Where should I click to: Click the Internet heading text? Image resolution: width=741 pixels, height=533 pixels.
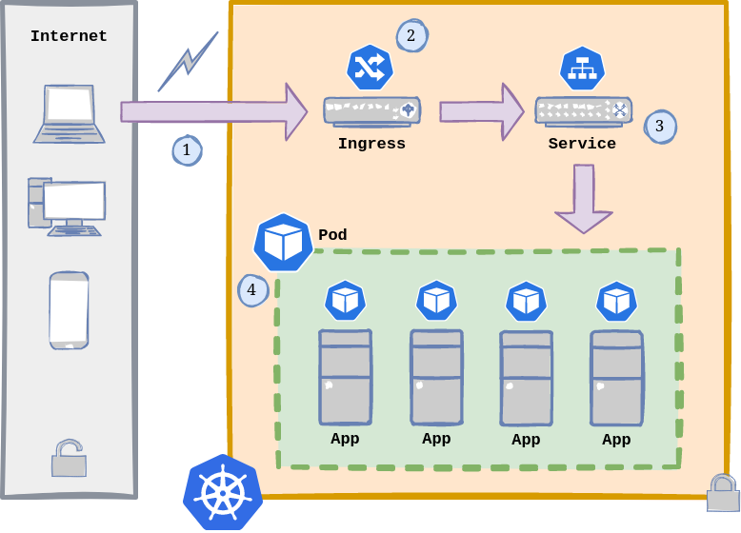click(69, 36)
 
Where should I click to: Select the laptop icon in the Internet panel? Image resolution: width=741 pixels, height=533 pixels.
click(70, 114)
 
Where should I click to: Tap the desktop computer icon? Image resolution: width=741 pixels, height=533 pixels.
click(67, 207)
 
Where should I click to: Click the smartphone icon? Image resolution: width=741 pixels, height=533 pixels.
click(69, 310)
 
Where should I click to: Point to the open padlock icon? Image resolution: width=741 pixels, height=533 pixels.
click(69, 458)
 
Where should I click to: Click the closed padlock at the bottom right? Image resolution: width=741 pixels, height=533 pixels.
click(723, 492)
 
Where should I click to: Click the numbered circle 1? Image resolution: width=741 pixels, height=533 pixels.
click(187, 150)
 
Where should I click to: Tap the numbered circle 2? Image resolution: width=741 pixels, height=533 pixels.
click(411, 36)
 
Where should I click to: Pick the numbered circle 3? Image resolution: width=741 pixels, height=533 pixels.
click(660, 127)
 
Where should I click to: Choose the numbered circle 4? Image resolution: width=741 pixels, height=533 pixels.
click(252, 290)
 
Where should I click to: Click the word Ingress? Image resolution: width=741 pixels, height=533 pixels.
click(371, 144)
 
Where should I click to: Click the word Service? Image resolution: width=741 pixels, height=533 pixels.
click(582, 144)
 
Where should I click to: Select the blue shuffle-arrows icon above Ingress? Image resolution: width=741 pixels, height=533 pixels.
click(370, 68)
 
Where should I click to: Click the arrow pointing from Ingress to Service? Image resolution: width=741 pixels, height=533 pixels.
click(481, 111)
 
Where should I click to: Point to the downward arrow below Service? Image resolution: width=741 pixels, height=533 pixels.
click(584, 198)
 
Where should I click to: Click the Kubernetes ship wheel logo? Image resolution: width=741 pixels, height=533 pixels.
click(223, 491)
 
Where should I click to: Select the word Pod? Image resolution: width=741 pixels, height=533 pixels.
click(332, 235)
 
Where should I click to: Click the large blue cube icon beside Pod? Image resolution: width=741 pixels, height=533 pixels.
click(283, 243)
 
